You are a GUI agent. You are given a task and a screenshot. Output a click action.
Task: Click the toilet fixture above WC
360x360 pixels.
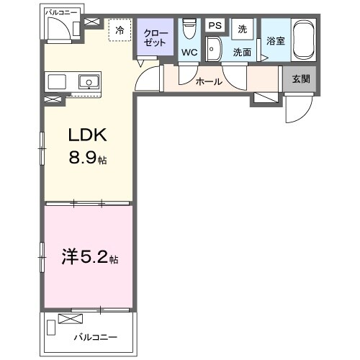(x=189, y=29)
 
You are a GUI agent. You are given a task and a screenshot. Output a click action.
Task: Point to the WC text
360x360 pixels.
(x=189, y=53)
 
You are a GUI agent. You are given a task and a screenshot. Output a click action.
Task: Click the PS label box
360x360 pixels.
(x=214, y=25)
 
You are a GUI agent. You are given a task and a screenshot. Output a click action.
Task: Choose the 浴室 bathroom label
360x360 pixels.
(x=276, y=41)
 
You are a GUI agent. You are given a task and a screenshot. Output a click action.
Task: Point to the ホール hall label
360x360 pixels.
(x=209, y=81)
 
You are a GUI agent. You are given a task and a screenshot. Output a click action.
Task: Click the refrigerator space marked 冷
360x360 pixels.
(x=120, y=30)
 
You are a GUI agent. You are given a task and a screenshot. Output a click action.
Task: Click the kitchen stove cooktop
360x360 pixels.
(x=57, y=81)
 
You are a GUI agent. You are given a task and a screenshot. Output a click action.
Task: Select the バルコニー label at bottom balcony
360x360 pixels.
(x=96, y=336)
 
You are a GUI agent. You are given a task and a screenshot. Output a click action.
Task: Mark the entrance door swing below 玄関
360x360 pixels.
(x=297, y=112)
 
